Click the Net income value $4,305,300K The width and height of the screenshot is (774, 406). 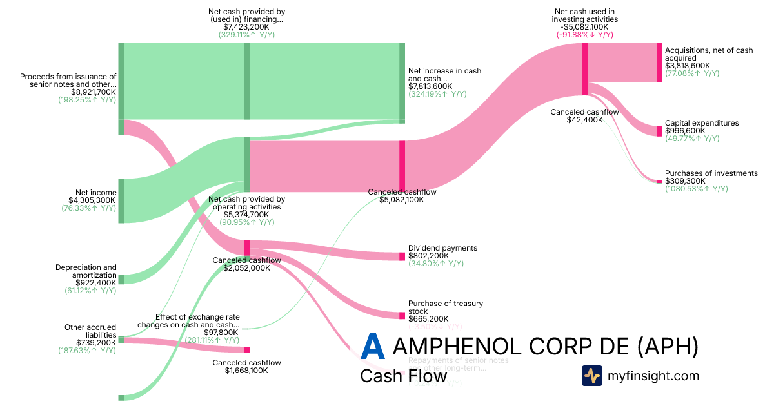[x=92, y=200]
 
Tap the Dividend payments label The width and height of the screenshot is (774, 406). [x=442, y=248]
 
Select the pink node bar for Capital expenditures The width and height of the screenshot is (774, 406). [x=659, y=131]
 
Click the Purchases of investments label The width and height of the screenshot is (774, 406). [x=711, y=173]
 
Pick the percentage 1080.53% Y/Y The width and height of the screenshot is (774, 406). [x=696, y=189]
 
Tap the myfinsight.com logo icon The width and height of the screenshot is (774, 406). [x=591, y=376]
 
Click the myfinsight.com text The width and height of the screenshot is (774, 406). [x=653, y=376]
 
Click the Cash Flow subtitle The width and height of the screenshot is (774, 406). [x=403, y=376]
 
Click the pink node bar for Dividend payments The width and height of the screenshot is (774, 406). [x=402, y=256]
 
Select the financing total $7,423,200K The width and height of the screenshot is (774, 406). [x=246, y=27]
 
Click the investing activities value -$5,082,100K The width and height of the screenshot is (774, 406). [x=585, y=27]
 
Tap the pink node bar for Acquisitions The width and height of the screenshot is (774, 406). [x=659, y=63]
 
